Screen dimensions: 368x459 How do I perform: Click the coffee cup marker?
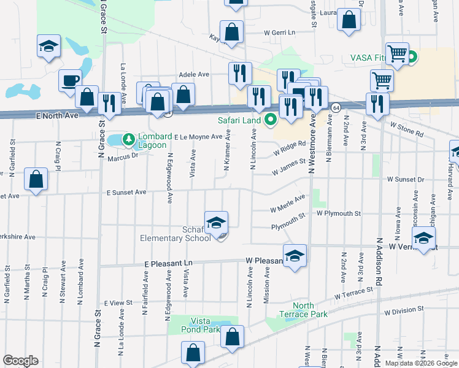tap(70, 81)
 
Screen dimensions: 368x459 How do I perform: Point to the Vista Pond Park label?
tap(205, 325)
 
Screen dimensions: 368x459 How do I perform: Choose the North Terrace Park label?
tap(303, 310)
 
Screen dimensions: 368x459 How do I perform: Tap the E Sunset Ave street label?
tap(126, 192)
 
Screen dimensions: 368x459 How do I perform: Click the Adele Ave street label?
tap(193, 74)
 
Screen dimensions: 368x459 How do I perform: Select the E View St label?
tap(118, 303)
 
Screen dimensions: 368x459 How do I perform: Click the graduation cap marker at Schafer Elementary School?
tap(216, 223)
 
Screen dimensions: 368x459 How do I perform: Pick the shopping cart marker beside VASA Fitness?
tap(397, 53)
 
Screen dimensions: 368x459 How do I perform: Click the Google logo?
tap(21, 361)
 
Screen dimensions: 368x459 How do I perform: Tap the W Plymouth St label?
tap(337, 213)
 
